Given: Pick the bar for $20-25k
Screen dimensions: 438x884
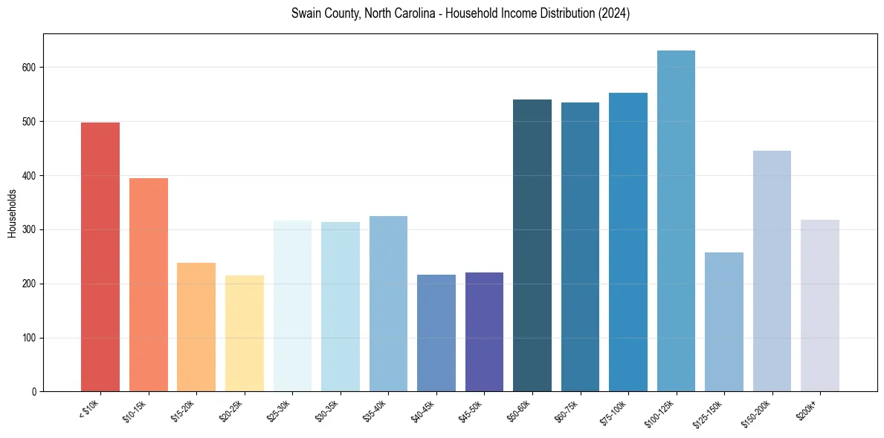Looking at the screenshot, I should point(245,333).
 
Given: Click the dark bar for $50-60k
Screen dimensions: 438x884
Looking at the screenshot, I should point(532,246).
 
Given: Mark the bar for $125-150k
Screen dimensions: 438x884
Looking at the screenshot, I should point(724,322).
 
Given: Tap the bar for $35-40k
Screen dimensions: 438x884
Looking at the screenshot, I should point(388,304).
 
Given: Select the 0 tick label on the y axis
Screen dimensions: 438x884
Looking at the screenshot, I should point(33,392).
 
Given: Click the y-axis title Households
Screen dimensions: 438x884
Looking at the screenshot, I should point(12,213).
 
